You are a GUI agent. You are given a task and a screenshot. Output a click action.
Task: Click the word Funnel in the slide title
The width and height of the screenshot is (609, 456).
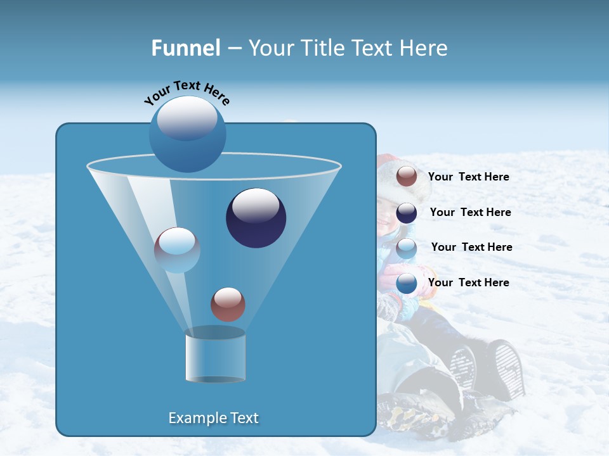pos(185,48)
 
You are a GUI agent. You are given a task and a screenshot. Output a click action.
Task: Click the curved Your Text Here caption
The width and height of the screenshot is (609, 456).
pos(187,92)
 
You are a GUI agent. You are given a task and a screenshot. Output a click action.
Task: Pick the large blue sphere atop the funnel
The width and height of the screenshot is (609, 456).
pos(187,134)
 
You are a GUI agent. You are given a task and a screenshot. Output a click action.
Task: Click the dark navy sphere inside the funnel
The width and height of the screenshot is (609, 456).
pos(256,218)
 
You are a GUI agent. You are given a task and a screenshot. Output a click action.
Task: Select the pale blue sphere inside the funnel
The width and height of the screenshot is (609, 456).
pos(177,250)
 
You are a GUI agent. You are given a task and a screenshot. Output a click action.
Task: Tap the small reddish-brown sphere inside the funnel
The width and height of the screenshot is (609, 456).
pos(228,304)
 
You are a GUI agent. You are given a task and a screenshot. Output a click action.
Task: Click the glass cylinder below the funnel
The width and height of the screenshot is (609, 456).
pos(215,356)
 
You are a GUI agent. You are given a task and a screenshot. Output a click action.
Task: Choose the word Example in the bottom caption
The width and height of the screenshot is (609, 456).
pos(197,418)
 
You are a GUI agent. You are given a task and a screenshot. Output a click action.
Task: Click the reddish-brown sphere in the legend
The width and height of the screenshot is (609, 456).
pos(407,177)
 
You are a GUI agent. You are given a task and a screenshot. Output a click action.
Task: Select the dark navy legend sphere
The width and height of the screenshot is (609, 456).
pos(407,213)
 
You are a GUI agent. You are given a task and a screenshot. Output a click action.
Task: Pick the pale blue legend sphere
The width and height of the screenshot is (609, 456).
pos(407,248)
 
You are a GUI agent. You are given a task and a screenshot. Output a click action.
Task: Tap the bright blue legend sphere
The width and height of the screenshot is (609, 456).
pos(407,283)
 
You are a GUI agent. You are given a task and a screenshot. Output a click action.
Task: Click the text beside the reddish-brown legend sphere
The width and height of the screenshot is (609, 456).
pos(468,177)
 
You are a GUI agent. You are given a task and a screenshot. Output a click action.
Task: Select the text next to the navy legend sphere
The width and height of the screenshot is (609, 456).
pos(470,213)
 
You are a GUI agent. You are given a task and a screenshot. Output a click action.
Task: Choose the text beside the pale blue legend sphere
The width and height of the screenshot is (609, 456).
pos(471,248)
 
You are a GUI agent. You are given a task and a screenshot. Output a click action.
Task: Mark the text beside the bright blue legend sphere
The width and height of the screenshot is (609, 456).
pos(468,283)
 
